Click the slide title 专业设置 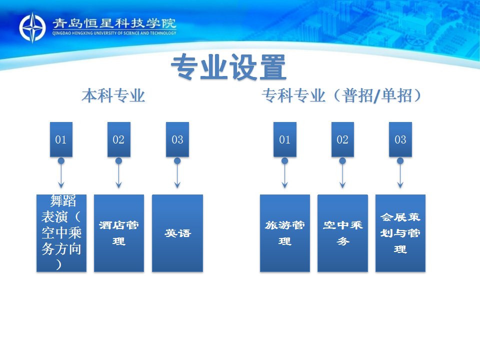[228, 67]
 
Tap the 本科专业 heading [113, 95]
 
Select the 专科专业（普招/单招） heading [342, 95]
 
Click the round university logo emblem [32, 27]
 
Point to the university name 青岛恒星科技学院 [114, 23]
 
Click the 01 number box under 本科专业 [61, 139]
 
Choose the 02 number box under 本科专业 [118, 139]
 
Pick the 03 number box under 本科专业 [177, 139]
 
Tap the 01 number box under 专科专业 [284, 139]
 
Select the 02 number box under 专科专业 [342, 139]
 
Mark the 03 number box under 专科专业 [400, 139]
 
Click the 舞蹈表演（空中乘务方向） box [61, 233]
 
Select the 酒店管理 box [119, 233]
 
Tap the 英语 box [177, 233]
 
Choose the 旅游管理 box [285, 233]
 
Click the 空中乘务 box [342, 233]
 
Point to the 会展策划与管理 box [400, 233]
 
